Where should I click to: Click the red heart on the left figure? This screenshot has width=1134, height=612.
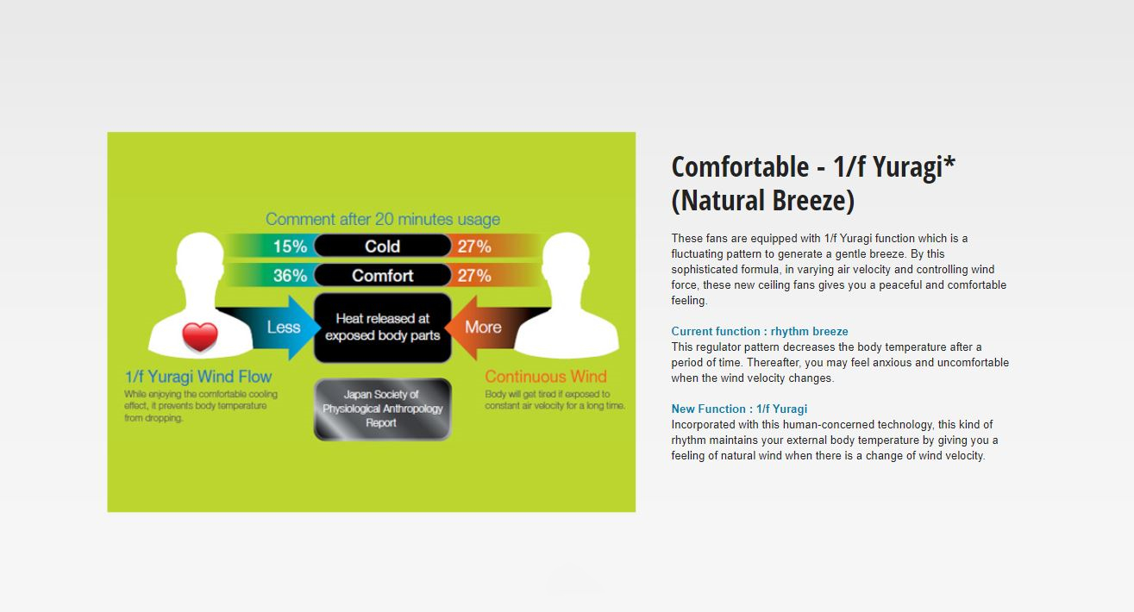point(200,337)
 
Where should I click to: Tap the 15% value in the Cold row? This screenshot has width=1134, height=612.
point(290,247)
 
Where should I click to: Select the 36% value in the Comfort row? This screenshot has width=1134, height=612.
point(290,276)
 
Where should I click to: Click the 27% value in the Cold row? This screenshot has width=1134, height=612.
point(474,247)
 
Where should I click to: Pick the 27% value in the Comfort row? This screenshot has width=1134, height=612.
point(474,276)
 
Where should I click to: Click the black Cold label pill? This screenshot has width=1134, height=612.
point(382,246)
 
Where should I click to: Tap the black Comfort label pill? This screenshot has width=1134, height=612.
point(382,275)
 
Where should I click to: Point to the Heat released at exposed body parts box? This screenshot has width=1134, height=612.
point(382,328)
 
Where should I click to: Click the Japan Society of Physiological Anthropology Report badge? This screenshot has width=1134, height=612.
point(382,409)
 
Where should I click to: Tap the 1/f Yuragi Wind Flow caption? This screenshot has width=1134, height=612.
point(198,377)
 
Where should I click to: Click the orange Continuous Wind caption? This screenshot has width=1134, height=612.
point(546,377)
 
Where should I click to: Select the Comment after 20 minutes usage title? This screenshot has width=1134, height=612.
point(383,219)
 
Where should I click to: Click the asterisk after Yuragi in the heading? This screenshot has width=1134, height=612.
point(949,162)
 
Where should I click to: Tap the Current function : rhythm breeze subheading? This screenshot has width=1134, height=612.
point(760,332)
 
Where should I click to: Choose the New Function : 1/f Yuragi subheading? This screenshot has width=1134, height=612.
point(739,409)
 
